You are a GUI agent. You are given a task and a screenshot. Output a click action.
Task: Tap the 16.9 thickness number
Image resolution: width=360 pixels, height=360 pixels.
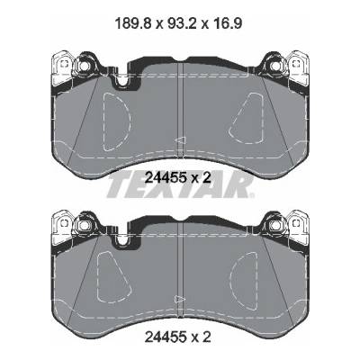pyautogui.click(x=226, y=23)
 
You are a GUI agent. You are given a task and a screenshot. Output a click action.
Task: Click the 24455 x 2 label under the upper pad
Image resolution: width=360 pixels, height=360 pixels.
pyautogui.click(x=178, y=178)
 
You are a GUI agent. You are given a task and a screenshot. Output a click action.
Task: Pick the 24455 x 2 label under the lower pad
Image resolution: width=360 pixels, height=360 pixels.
pyautogui.click(x=178, y=337)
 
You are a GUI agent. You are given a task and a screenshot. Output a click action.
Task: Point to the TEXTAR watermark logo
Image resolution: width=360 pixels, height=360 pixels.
pyautogui.click(x=181, y=185)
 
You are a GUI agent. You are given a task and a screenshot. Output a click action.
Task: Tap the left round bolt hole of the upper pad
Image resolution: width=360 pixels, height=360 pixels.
pyautogui.click(x=83, y=66)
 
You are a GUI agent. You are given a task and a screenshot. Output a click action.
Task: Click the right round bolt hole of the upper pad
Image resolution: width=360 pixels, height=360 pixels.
pyautogui.click(x=274, y=66)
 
